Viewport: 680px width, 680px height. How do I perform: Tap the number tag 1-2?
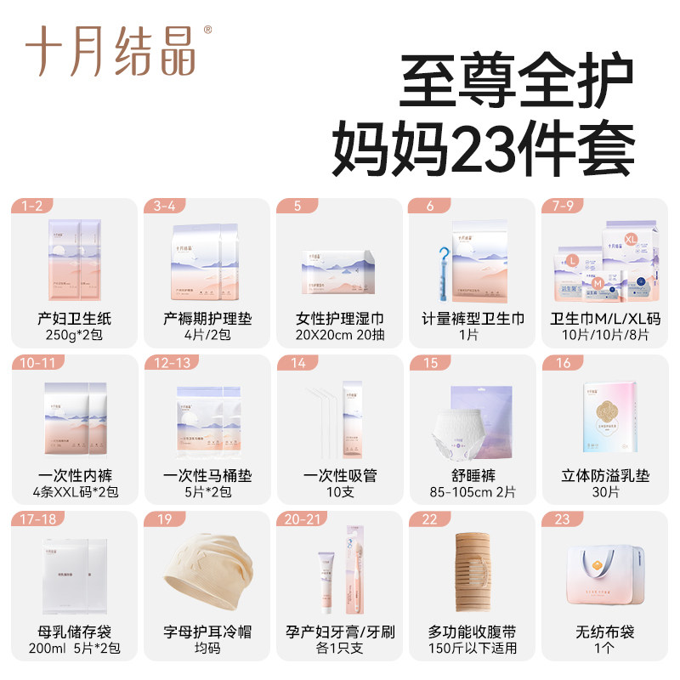pyautogui.click(x=31, y=206)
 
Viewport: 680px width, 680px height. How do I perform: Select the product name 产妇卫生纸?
pyautogui.click(x=73, y=319)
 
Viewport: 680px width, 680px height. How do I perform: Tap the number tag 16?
pyautogui.click(x=563, y=363)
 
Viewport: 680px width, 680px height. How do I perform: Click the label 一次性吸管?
pyautogui.click(x=340, y=475)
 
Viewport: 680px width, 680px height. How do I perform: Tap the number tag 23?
pyautogui.click(x=563, y=518)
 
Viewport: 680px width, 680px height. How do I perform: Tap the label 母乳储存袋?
pyautogui.click(x=73, y=632)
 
